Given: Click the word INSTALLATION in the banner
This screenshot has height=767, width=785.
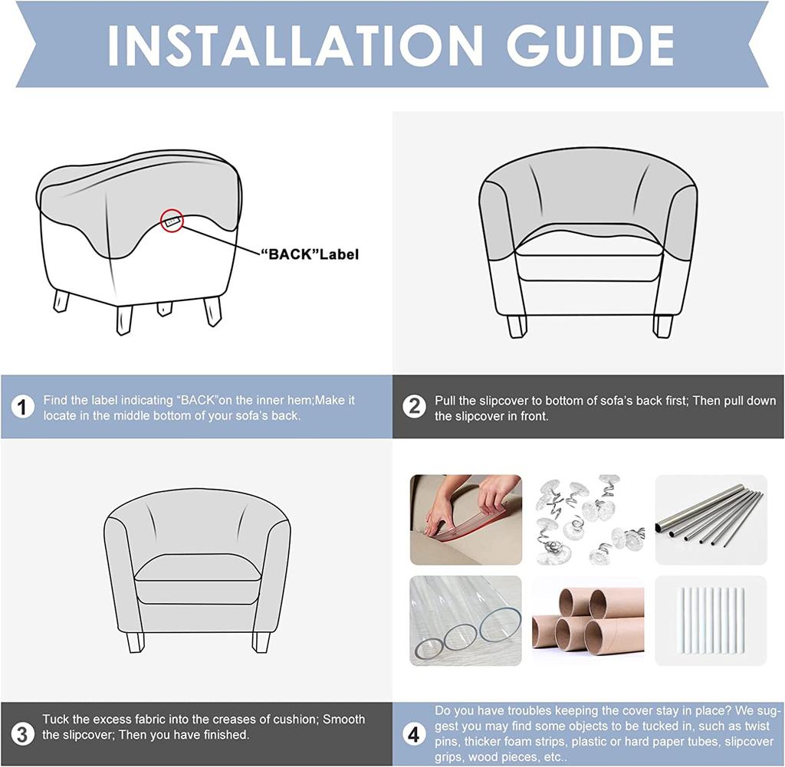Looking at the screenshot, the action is point(295,45).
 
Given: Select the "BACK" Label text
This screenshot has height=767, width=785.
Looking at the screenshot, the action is point(310,254).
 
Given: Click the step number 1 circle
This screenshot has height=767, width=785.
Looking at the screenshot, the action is point(22,408).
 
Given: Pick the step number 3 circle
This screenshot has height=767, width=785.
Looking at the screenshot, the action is point(22,735).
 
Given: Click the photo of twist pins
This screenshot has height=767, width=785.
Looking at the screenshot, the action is point(588,520).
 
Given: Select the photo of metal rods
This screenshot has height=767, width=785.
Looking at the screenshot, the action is point(711,520).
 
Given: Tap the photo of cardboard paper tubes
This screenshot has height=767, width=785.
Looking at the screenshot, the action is point(588,621).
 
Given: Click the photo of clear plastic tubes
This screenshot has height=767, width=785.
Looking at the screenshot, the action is point(465,621).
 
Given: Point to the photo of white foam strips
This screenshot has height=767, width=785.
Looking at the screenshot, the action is point(711,621).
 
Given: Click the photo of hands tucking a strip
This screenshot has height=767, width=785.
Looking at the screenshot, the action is point(465,520).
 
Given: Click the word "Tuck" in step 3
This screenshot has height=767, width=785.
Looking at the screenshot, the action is point(55,719).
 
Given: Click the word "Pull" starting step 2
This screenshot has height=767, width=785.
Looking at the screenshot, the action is point(445,401).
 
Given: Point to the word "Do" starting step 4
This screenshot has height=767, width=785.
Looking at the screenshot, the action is point(442,711).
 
